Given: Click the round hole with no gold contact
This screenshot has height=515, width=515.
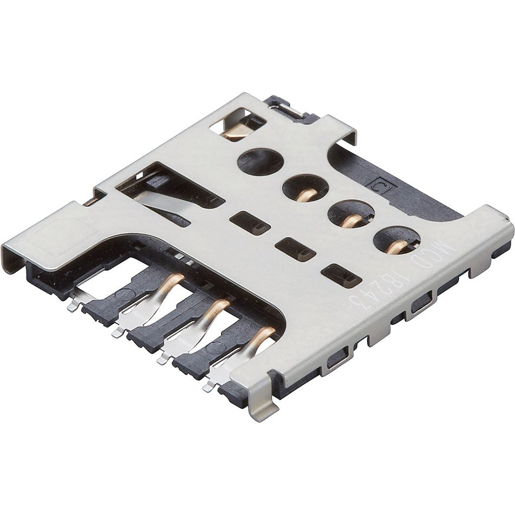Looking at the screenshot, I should click(x=260, y=160).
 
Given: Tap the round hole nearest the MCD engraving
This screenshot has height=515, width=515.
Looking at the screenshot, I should click(x=396, y=240).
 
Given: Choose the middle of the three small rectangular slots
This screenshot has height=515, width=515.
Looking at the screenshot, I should click(x=295, y=249).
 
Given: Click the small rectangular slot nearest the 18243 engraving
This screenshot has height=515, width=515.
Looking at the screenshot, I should click(x=341, y=275).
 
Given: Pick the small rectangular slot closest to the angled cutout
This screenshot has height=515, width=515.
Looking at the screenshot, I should click(x=249, y=223).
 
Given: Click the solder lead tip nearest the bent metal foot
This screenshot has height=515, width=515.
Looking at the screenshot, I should click(x=208, y=387).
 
